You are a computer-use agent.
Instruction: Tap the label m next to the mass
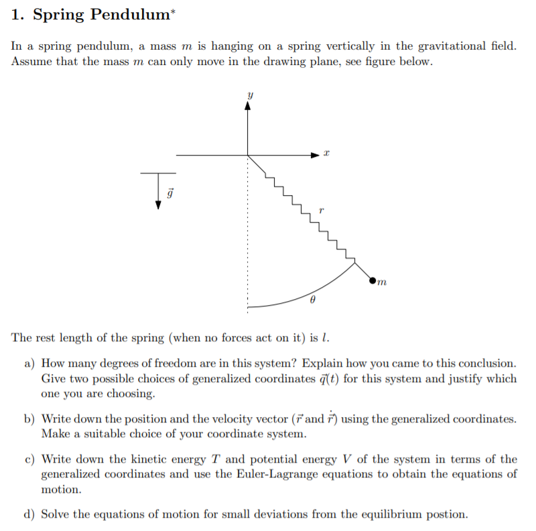click(383, 284)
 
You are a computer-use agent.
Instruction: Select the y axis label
click(249, 97)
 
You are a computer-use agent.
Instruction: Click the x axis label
click(326, 154)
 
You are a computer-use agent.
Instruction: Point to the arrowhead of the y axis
click(248, 111)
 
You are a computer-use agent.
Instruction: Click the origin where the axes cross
click(248, 155)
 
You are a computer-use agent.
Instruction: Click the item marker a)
click(30, 363)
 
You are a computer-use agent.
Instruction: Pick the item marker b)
click(30, 419)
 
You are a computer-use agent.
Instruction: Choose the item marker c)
click(30, 459)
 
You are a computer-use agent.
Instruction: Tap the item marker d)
click(30, 514)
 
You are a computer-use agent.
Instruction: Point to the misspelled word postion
click(447, 515)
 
